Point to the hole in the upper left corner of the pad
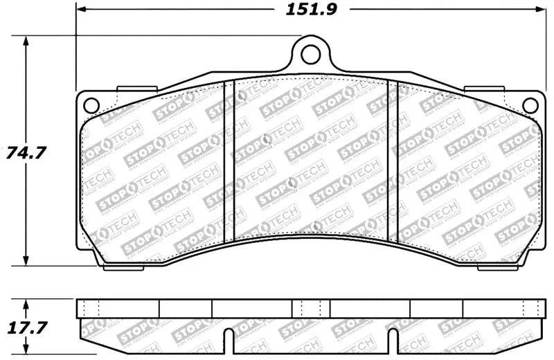(x=90, y=105)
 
